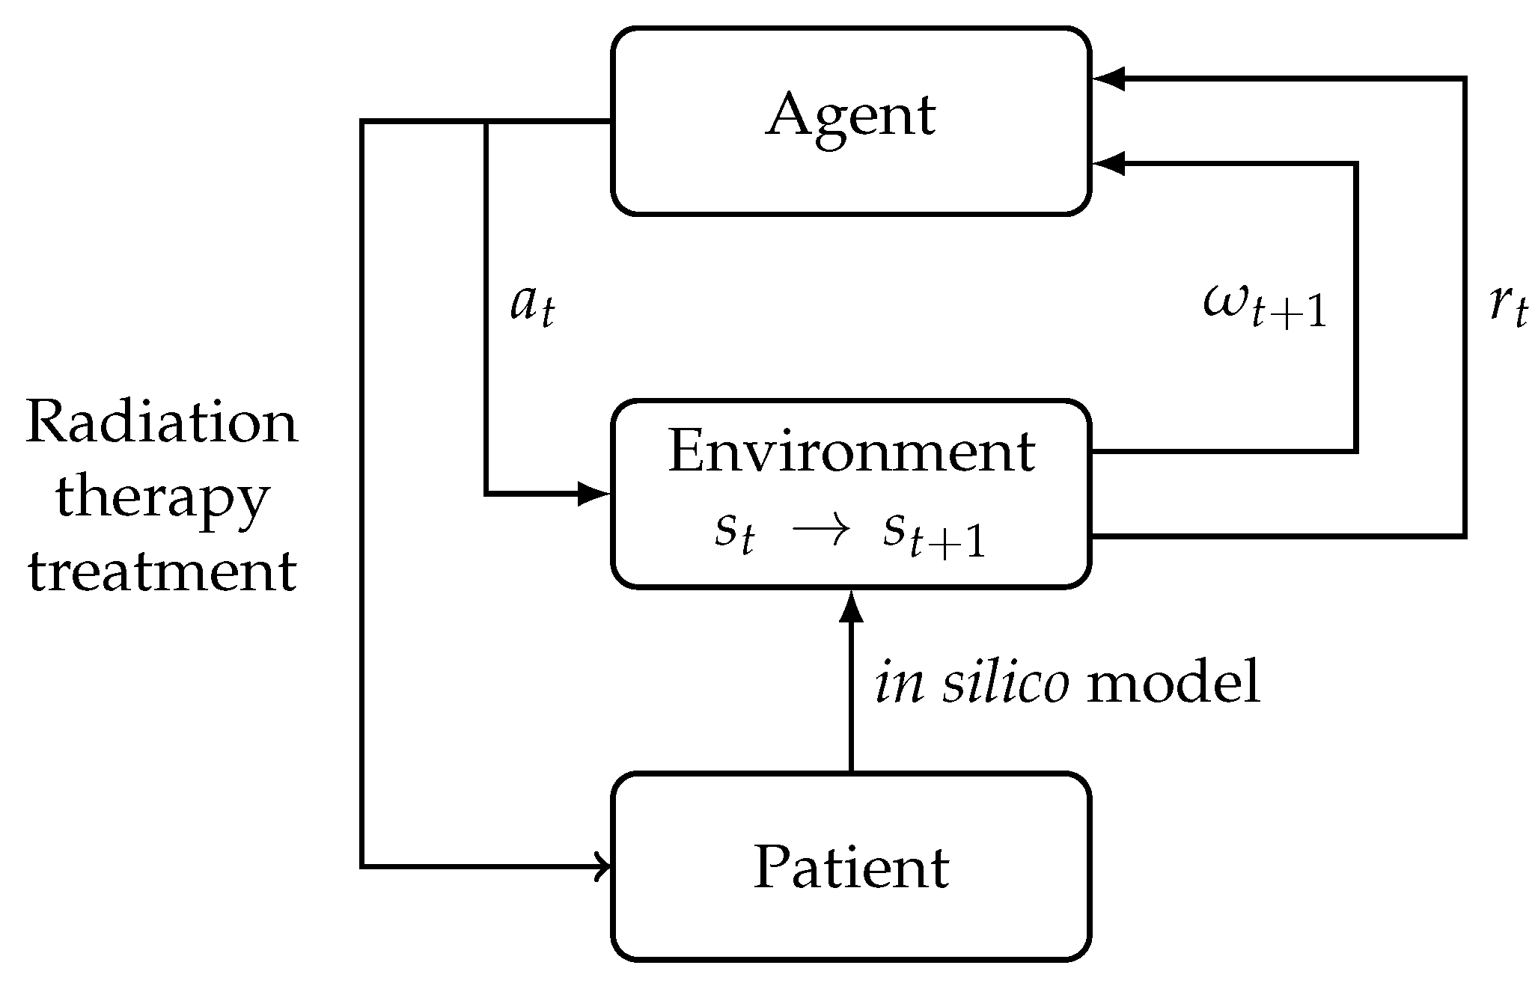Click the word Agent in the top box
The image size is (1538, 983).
click(850, 117)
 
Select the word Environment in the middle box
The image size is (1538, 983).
click(851, 452)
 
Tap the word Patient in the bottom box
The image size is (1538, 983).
click(851, 867)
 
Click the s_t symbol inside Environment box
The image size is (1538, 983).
click(733, 534)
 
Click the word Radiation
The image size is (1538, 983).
click(162, 423)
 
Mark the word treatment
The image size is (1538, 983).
click(162, 572)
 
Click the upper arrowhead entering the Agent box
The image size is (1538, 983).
click(1108, 78)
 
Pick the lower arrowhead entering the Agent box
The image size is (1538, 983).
click(1108, 164)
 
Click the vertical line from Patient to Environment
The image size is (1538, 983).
click(851, 703)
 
